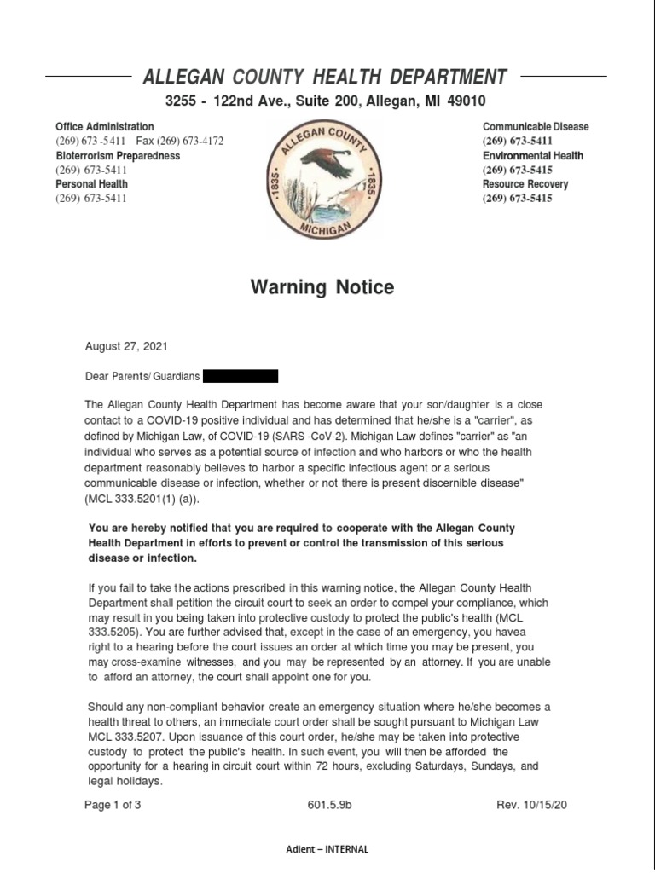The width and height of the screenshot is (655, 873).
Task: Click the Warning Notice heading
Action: (322, 287)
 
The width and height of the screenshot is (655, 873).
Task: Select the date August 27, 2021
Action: (126, 347)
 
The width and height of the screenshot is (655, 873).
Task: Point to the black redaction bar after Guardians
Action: (241, 375)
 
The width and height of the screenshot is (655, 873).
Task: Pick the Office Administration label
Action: (105, 126)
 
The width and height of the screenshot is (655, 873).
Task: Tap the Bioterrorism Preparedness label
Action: (118, 156)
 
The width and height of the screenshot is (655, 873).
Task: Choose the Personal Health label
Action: (91, 184)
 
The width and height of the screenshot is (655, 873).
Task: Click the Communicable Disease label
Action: (535, 126)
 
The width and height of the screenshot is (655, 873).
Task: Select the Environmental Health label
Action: (532, 156)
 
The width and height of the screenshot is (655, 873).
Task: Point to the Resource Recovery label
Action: (525, 184)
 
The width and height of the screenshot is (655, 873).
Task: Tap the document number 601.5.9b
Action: (328, 806)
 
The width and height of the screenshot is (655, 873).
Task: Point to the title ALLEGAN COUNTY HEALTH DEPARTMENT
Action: (324, 77)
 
